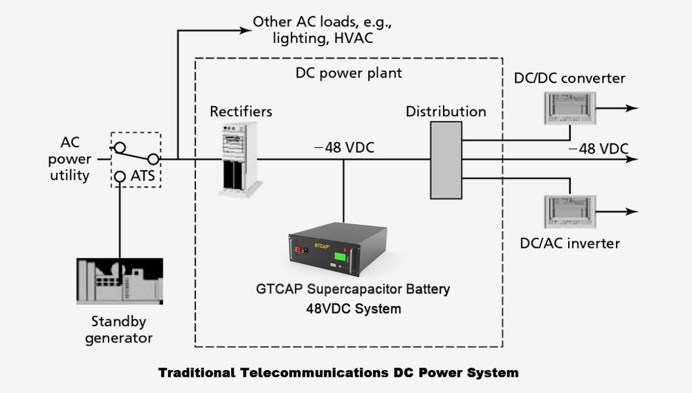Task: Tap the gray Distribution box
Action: [x=445, y=161]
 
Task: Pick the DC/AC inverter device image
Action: [x=567, y=211]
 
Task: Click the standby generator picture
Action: [x=120, y=282]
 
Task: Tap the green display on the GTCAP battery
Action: [x=340, y=258]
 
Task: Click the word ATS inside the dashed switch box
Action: [x=143, y=176]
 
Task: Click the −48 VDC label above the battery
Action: [x=343, y=147]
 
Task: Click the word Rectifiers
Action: [x=241, y=111]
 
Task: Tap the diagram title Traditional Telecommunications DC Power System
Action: [x=338, y=373]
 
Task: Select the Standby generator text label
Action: [x=122, y=329]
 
